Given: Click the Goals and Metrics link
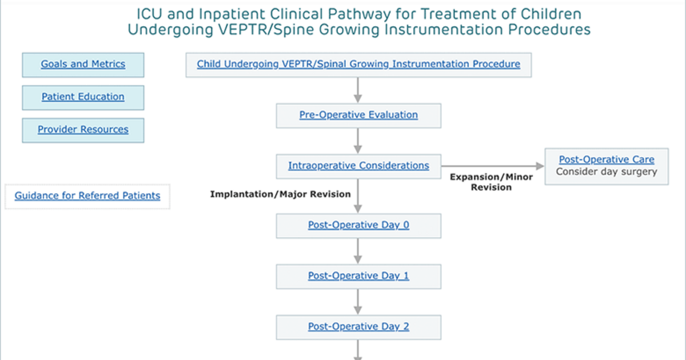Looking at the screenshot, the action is pos(83,64).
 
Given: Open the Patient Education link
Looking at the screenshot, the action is pos(83,97).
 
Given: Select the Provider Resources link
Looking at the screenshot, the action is pos(83,130).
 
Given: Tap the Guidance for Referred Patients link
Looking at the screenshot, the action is pos(87,195).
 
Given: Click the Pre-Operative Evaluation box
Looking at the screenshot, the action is pos(358,115).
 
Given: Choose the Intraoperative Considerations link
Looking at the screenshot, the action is pos(358,166).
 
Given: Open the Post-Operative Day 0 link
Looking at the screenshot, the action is pos(358,225).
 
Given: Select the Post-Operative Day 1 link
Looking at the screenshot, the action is pos(358,276).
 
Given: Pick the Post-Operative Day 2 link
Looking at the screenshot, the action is pos(358,327).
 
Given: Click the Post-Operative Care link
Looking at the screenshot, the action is pos(607,159).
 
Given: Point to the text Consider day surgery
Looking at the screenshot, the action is pos(607,172).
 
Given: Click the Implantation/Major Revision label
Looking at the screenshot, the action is pos(280,194).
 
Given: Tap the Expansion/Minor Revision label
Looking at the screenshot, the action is pos(491,182).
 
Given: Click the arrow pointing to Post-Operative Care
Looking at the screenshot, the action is pos(493,166).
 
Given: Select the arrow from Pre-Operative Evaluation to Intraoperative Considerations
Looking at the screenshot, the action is pos(358,141).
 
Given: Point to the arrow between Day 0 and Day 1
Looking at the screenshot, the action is pos(358,251).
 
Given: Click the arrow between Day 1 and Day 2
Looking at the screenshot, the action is pos(358,302).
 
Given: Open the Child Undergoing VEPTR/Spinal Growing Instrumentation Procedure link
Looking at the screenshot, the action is pos(358,64).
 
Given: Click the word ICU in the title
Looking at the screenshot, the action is pos(150,14).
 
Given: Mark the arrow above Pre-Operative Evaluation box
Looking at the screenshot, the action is pos(358,90).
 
